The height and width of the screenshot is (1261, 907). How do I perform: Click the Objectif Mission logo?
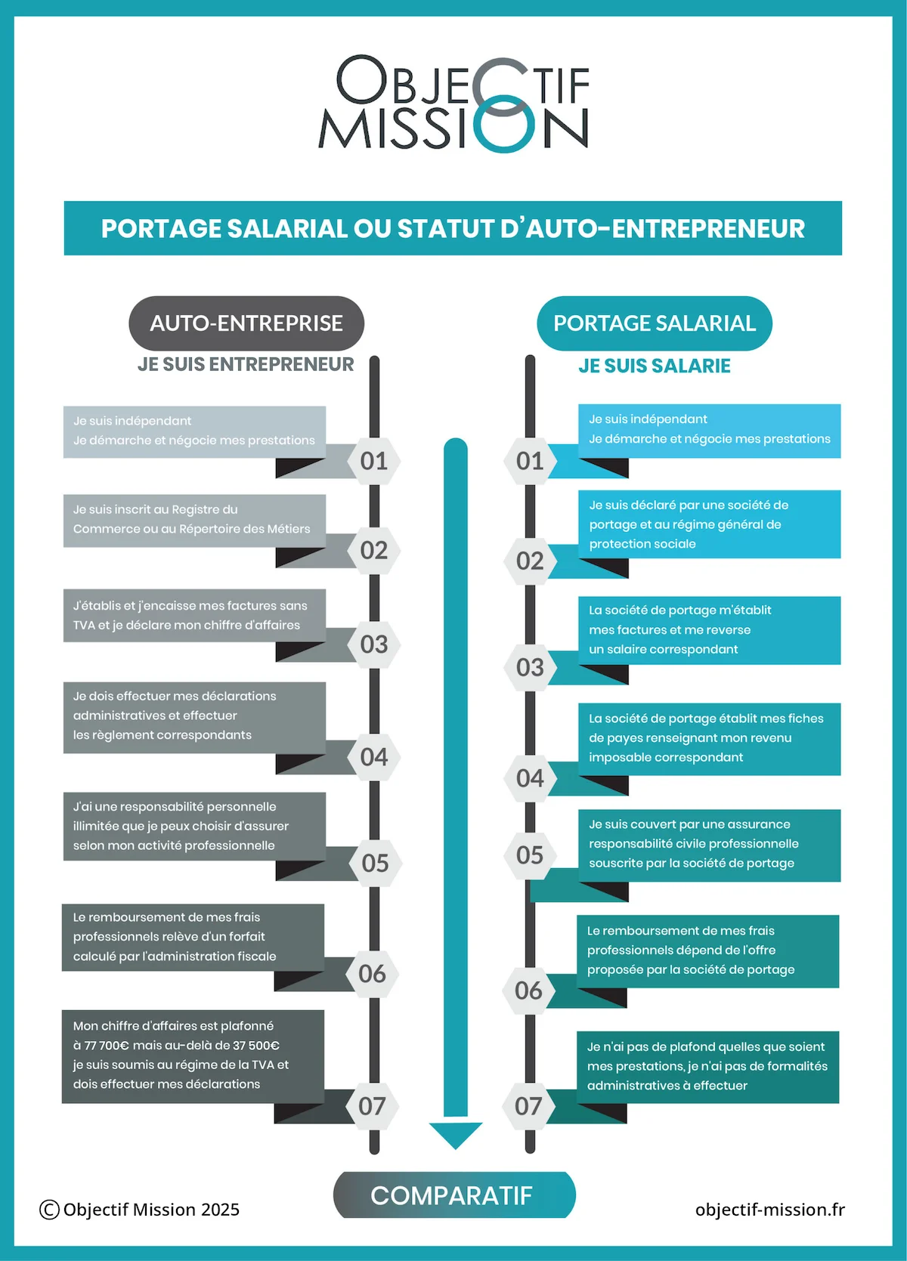[453, 103]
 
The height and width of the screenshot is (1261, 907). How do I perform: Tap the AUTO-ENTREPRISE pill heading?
[246, 323]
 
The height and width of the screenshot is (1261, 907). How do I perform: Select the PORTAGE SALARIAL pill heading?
[655, 323]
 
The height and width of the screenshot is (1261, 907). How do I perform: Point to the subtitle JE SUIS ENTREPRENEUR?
[246, 365]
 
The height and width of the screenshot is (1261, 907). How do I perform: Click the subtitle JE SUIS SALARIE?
[655, 366]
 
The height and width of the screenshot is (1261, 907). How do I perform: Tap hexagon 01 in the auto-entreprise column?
[374, 461]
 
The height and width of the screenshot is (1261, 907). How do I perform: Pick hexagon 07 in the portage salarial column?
[528, 1107]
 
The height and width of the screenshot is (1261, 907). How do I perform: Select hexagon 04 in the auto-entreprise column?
[374, 757]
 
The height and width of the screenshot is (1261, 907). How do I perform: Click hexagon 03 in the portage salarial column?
[530, 668]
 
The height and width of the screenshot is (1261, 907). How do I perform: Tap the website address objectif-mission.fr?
[769, 1210]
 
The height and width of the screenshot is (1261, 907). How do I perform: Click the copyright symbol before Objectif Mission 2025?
[49, 1210]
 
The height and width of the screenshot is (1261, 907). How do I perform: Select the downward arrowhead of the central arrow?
[455, 1133]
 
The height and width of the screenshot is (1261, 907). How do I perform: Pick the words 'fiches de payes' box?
[709, 738]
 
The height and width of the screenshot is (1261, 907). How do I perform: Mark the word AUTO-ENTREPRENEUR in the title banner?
[665, 229]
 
